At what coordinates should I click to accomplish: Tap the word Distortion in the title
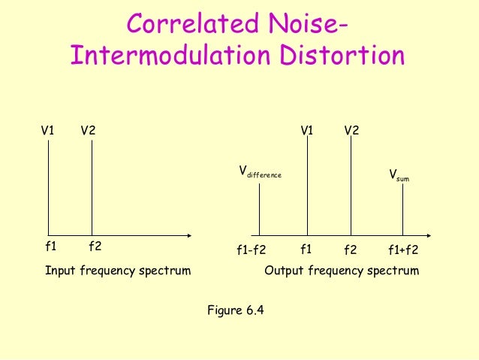345,56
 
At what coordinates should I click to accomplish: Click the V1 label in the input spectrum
47,130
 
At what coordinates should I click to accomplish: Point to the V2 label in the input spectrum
88,130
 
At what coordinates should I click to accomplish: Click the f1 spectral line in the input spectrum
49,188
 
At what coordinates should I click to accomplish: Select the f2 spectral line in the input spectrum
92,188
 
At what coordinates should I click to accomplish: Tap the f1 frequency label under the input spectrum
51,246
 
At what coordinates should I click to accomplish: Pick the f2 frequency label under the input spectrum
95,246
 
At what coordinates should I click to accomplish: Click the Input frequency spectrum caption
118,270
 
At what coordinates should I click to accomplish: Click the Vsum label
399,176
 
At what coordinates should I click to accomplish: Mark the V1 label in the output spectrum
307,130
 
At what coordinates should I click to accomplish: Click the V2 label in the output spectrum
351,130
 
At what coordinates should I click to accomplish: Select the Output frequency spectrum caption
342,270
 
